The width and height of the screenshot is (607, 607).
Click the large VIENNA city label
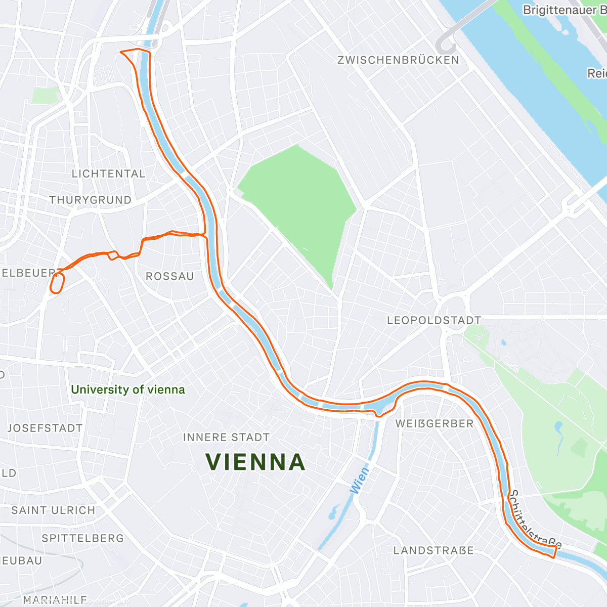255,462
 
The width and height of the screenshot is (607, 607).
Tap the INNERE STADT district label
226,437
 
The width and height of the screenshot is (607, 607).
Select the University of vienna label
128,389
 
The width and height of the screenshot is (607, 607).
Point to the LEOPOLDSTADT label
433,320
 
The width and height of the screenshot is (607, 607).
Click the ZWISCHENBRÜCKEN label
398,60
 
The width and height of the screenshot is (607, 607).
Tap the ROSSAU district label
170,276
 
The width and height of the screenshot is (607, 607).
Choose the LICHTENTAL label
108,174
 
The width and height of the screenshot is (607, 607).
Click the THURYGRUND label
90,200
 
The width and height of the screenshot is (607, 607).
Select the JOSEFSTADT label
45,428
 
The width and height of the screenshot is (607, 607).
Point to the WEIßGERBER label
435,423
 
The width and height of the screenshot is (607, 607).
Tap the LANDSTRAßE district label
433,550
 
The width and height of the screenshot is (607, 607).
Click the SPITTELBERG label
82,538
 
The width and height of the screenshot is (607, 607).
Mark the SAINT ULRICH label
53,510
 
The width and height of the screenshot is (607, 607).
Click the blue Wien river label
360,481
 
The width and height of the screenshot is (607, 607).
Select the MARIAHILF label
55,600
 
